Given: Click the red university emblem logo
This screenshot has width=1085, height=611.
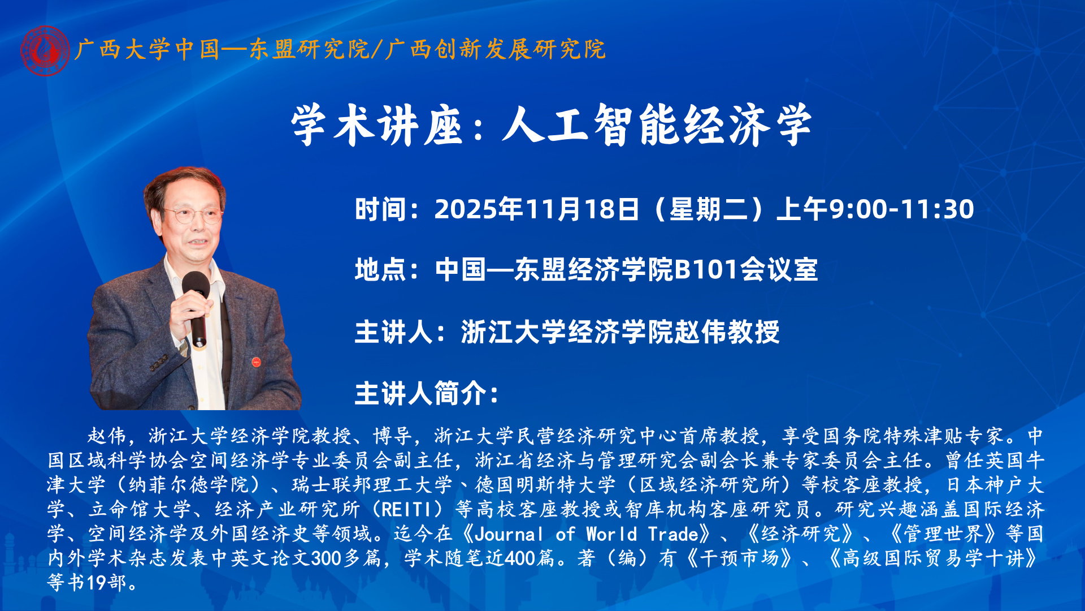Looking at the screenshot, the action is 45,51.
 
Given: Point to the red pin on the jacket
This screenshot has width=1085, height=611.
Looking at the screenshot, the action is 256,360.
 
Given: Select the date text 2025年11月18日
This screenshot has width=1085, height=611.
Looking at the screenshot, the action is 536,209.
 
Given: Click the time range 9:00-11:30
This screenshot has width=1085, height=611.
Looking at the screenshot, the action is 901,209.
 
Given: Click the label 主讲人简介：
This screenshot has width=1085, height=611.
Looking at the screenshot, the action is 427,393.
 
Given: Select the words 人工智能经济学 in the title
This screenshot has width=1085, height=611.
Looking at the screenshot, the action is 657,125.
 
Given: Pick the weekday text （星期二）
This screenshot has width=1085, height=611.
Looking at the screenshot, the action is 708,209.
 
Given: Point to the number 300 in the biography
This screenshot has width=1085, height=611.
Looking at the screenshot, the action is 325,558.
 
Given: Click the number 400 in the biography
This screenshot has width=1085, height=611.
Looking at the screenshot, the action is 519,558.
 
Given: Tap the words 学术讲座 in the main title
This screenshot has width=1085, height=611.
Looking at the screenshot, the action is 377,125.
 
